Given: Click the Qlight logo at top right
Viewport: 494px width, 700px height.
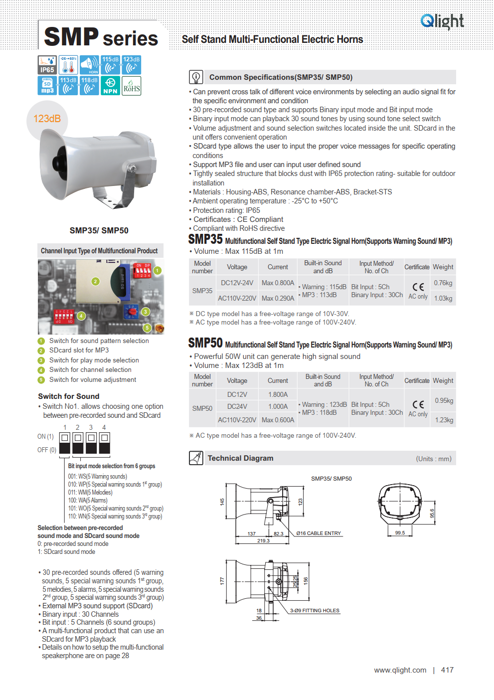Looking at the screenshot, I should (442, 21).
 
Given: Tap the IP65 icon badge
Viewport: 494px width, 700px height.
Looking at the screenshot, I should (47, 65).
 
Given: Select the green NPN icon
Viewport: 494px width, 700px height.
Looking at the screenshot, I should (110, 85).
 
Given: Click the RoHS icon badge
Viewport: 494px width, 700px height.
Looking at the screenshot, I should (132, 85).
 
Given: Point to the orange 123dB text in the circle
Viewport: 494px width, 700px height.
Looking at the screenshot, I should (47, 119).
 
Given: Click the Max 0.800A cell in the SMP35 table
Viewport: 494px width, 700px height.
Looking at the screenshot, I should (278, 283).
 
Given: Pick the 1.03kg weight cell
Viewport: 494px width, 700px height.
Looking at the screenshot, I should (443, 298).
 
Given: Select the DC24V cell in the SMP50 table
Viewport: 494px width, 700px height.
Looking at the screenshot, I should (237, 406).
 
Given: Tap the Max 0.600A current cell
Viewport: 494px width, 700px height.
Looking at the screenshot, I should (278, 420).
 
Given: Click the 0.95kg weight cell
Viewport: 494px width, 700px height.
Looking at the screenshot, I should (444, 400).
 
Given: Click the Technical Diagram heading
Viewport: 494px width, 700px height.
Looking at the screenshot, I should (240, 458).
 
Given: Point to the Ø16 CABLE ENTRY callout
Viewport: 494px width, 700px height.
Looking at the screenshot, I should (319, 533).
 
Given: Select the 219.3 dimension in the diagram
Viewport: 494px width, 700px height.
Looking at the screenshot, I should (263, 540).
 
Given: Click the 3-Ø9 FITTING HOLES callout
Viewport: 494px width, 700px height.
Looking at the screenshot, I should (315, 610).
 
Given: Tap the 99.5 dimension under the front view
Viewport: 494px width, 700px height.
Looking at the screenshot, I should (400, 532).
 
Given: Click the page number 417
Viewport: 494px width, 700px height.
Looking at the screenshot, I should (447, 670).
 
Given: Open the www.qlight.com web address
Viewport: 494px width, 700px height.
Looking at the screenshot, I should (400, 670).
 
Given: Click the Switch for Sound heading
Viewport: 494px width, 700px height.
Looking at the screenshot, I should (69, 396).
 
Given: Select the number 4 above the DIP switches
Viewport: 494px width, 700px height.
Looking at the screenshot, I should (104, 427).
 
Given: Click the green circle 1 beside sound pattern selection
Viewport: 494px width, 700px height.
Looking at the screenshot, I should (41, 341).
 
